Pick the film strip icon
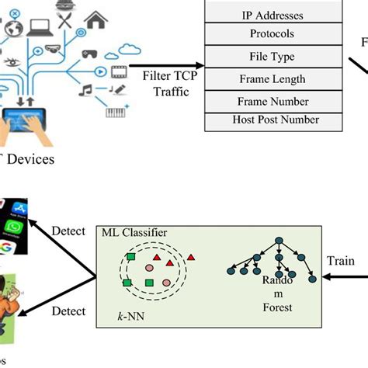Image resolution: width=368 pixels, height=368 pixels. coord(118,74)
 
